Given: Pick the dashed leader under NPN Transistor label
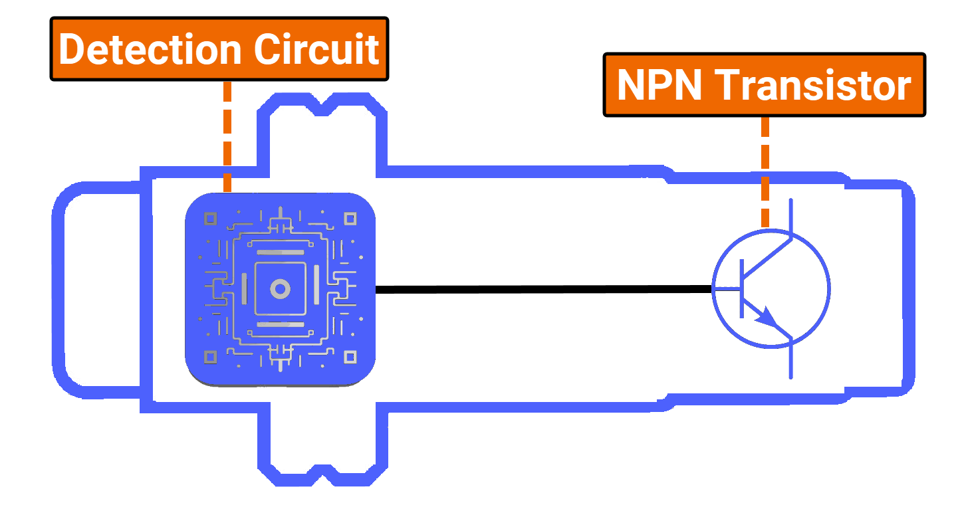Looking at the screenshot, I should click(765, 173).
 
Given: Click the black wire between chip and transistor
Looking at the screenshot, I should click(542, 289).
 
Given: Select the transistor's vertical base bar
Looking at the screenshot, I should click(741, 289).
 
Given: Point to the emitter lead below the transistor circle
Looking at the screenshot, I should click(790, 362).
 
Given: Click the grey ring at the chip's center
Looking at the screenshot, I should click(280, 289).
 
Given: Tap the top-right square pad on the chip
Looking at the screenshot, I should click(350, 218).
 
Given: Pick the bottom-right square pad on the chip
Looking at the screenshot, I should click(350, 357).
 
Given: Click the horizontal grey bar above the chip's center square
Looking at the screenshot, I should click(280, 253).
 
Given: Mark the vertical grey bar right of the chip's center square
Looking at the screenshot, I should click(316, 288).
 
